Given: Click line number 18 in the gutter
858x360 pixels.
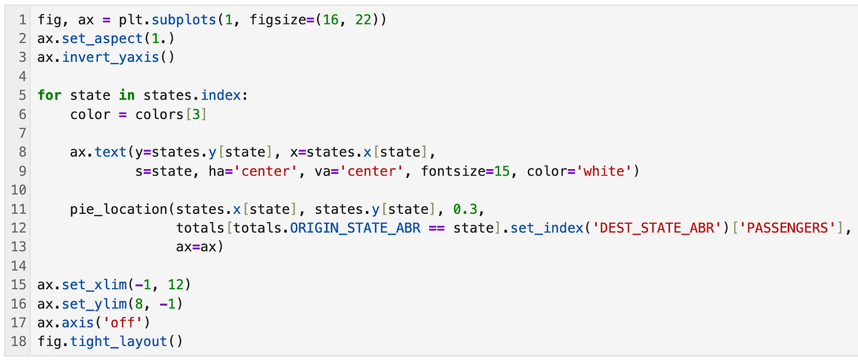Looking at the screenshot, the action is pos(18,341).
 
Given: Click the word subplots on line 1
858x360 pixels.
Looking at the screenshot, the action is pos(184,19).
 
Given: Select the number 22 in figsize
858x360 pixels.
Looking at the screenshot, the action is pos(363,19).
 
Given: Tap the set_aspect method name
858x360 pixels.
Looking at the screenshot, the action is pos(103,39).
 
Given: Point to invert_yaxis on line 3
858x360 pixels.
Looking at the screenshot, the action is pos(110,58).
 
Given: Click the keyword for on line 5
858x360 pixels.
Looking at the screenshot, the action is pos(49,95).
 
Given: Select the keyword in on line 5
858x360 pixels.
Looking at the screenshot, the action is pos(127,95).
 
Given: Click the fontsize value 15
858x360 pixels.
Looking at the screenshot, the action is pos(502,171).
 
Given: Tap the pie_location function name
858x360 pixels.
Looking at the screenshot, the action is pos(119,209).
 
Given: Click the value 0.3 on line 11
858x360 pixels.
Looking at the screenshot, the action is pos(466,209).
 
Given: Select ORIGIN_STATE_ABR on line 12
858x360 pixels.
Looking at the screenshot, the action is pos(355,228).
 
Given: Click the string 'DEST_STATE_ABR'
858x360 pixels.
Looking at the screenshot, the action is pos(657,228).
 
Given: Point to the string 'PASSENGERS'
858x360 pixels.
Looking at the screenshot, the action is pos(787,228).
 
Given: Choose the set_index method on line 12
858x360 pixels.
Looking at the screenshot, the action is pos(547,228).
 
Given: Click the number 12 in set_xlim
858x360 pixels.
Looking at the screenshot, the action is pos(176,285).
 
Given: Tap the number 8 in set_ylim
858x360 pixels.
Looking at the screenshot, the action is pos(139,303).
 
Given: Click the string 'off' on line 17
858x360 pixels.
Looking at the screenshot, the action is pos(123,322).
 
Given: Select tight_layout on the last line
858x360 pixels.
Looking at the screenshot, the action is pos(119,341).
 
